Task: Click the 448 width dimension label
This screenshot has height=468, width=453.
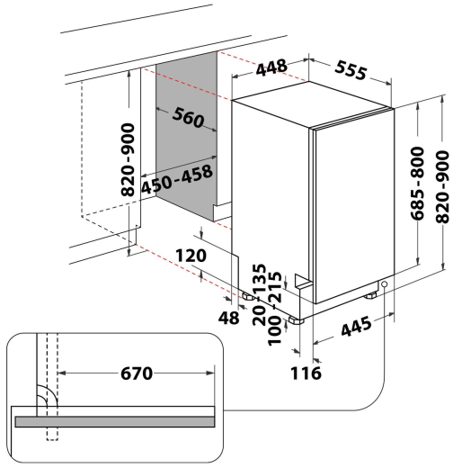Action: tap(271, 67)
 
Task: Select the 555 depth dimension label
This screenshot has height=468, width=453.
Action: tap(351, 70)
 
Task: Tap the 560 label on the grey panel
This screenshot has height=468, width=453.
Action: tap(189, 117)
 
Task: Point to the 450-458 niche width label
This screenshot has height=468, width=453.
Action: tap(177, 179)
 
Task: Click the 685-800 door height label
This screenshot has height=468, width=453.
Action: tap(417, 184)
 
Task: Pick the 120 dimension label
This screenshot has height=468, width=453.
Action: tap(191, 256)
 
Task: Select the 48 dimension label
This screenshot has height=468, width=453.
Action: tap(229, 318)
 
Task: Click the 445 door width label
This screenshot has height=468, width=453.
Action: tap(356, 326)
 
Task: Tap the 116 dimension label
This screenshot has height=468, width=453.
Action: tap(306, 373)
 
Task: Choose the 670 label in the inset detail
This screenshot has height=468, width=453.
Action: tap(137, 373)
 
